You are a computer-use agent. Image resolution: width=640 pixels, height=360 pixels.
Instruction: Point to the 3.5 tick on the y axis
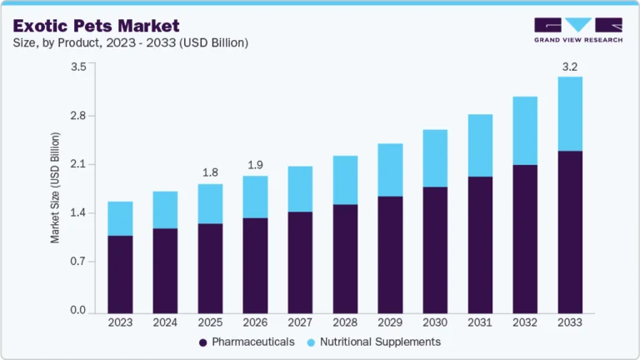[x=77, y=67]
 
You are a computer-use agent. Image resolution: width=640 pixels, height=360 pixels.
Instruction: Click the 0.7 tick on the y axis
[x=77, y=262]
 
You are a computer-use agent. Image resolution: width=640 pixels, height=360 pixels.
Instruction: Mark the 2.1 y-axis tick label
[x=77, y=164]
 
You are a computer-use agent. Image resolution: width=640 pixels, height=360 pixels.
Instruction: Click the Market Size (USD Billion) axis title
[x=56, y=187]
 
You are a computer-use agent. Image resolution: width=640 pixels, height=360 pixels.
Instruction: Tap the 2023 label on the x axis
[x=120, y=322]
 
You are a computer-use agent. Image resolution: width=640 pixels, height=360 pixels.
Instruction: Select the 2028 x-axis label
[x=345, y=322]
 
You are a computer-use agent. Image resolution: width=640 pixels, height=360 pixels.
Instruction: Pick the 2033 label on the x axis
[x=570, y=322]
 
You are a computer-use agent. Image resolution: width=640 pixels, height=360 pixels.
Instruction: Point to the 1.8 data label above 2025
[x=210, y=172]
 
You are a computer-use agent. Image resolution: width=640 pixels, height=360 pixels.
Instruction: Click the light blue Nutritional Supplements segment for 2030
[x=435, y=158]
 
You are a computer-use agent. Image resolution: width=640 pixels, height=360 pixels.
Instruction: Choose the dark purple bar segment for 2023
[x=120, y=275]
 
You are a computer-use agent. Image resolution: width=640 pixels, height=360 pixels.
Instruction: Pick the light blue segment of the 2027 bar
[x=300, y=189]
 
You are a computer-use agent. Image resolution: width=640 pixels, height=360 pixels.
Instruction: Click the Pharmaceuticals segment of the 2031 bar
[x=480, y=245]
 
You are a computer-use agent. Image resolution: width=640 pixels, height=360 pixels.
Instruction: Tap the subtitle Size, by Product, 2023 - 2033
[x=129, y=42]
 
